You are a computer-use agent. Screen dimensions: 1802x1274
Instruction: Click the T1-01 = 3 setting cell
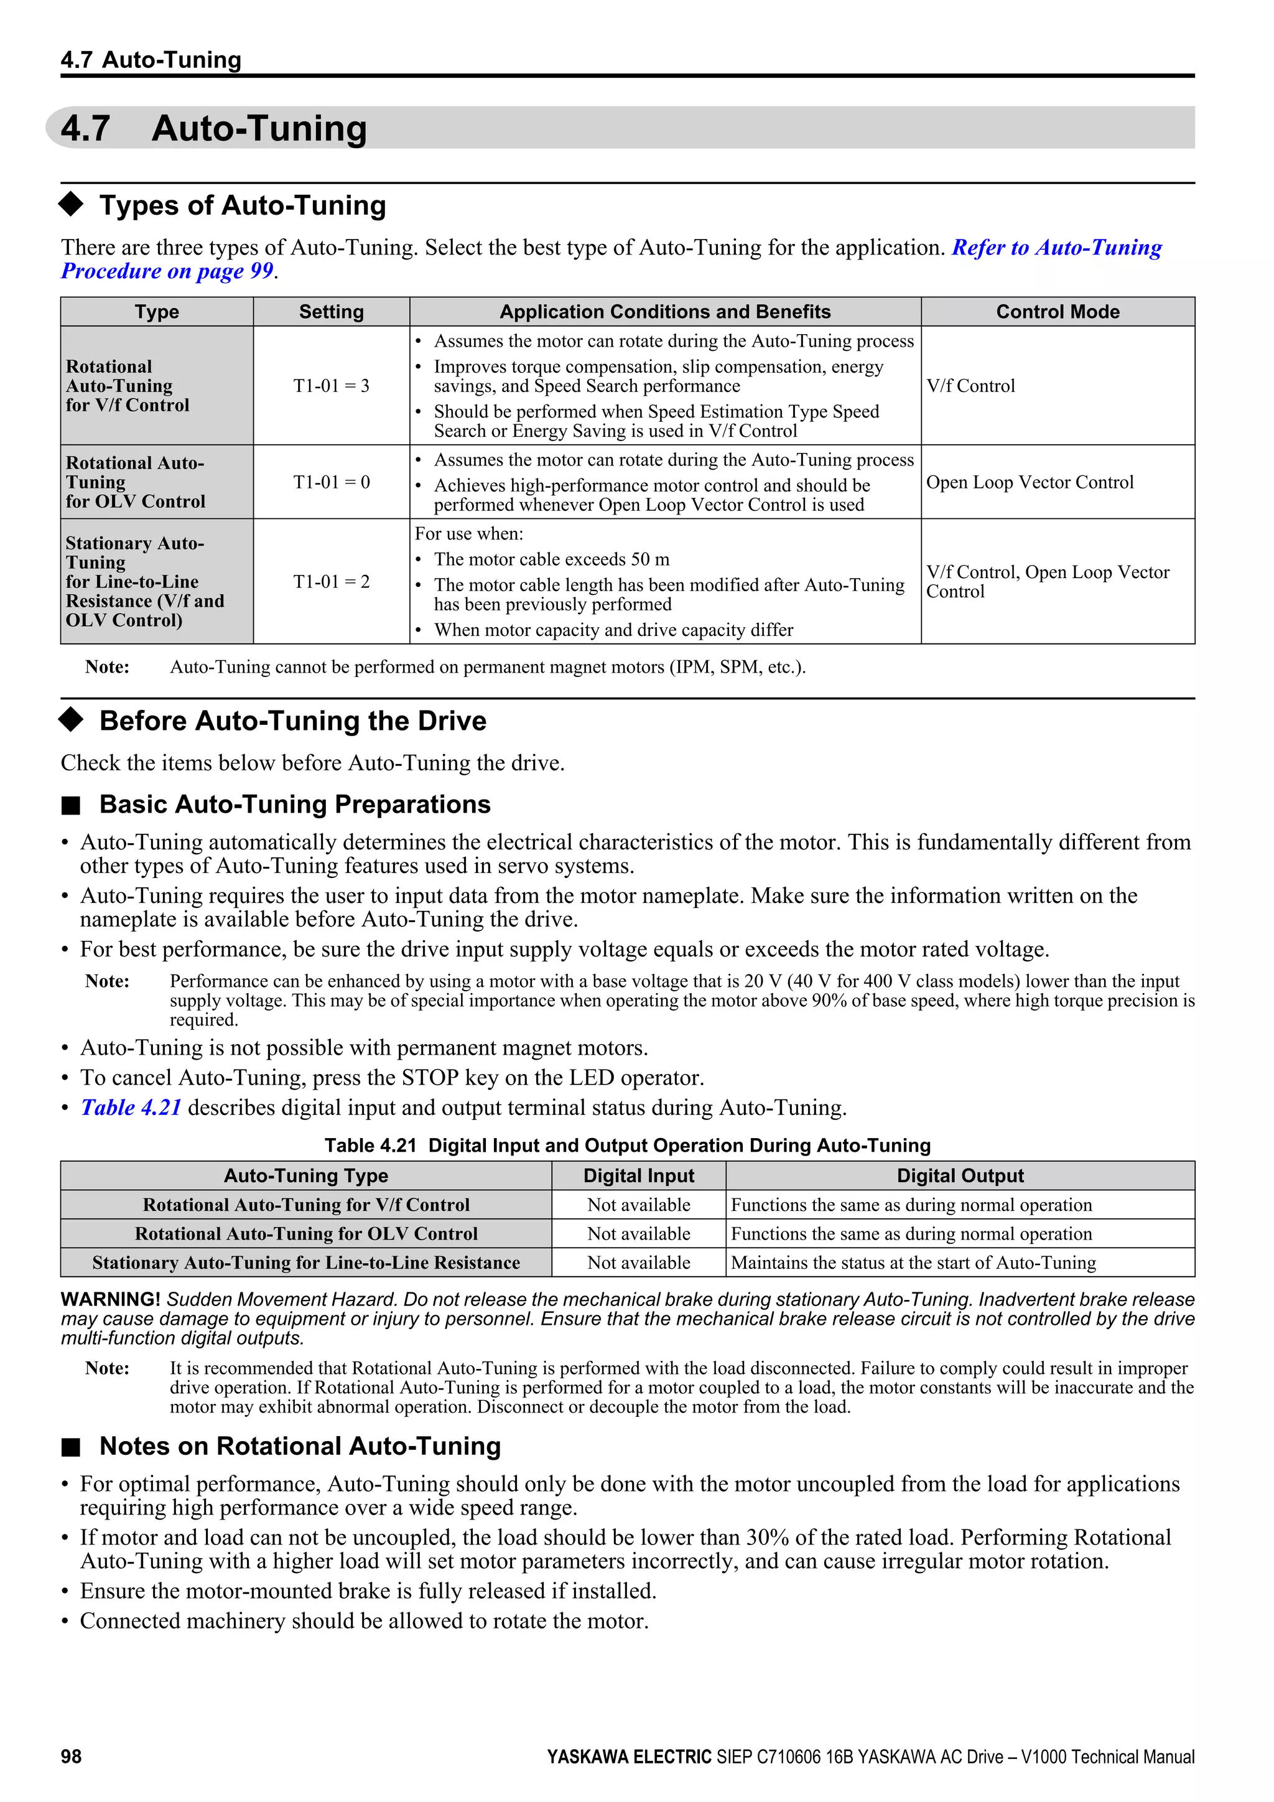tap(331, 385)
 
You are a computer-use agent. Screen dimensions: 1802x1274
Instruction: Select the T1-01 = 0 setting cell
tap(331, 482)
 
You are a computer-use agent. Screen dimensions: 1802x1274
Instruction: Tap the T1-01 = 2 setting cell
tap(331, 582)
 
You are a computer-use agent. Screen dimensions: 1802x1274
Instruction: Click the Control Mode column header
tap(1057, 312)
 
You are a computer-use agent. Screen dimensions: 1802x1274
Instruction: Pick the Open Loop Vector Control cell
tap(1030, 482)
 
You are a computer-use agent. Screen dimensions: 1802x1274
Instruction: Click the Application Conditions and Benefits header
tap(664, 312)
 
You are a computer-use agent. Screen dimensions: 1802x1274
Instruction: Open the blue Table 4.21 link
tap(131, 1108)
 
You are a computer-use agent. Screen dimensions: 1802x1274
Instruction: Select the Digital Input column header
tap(639, 1175)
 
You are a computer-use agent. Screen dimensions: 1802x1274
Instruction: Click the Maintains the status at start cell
tap(913, 1263)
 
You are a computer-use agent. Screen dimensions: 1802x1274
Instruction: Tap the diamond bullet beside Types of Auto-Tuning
tap(72, 204)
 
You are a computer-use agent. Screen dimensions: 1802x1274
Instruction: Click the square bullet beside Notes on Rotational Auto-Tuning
tap(72, 1447)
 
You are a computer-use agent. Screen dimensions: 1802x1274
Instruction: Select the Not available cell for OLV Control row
tap(639, 1234)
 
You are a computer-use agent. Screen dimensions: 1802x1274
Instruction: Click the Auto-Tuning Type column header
tap(306, 1175)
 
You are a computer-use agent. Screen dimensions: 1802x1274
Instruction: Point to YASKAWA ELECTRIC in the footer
tap(629, 1757)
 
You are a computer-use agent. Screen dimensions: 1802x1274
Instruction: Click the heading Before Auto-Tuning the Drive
tap(292, 721)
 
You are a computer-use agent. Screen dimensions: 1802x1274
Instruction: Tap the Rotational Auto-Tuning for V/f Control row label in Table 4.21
tap(306, 1205)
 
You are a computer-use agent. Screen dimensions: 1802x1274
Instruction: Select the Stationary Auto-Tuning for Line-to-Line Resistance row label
tap(306, 1263)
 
